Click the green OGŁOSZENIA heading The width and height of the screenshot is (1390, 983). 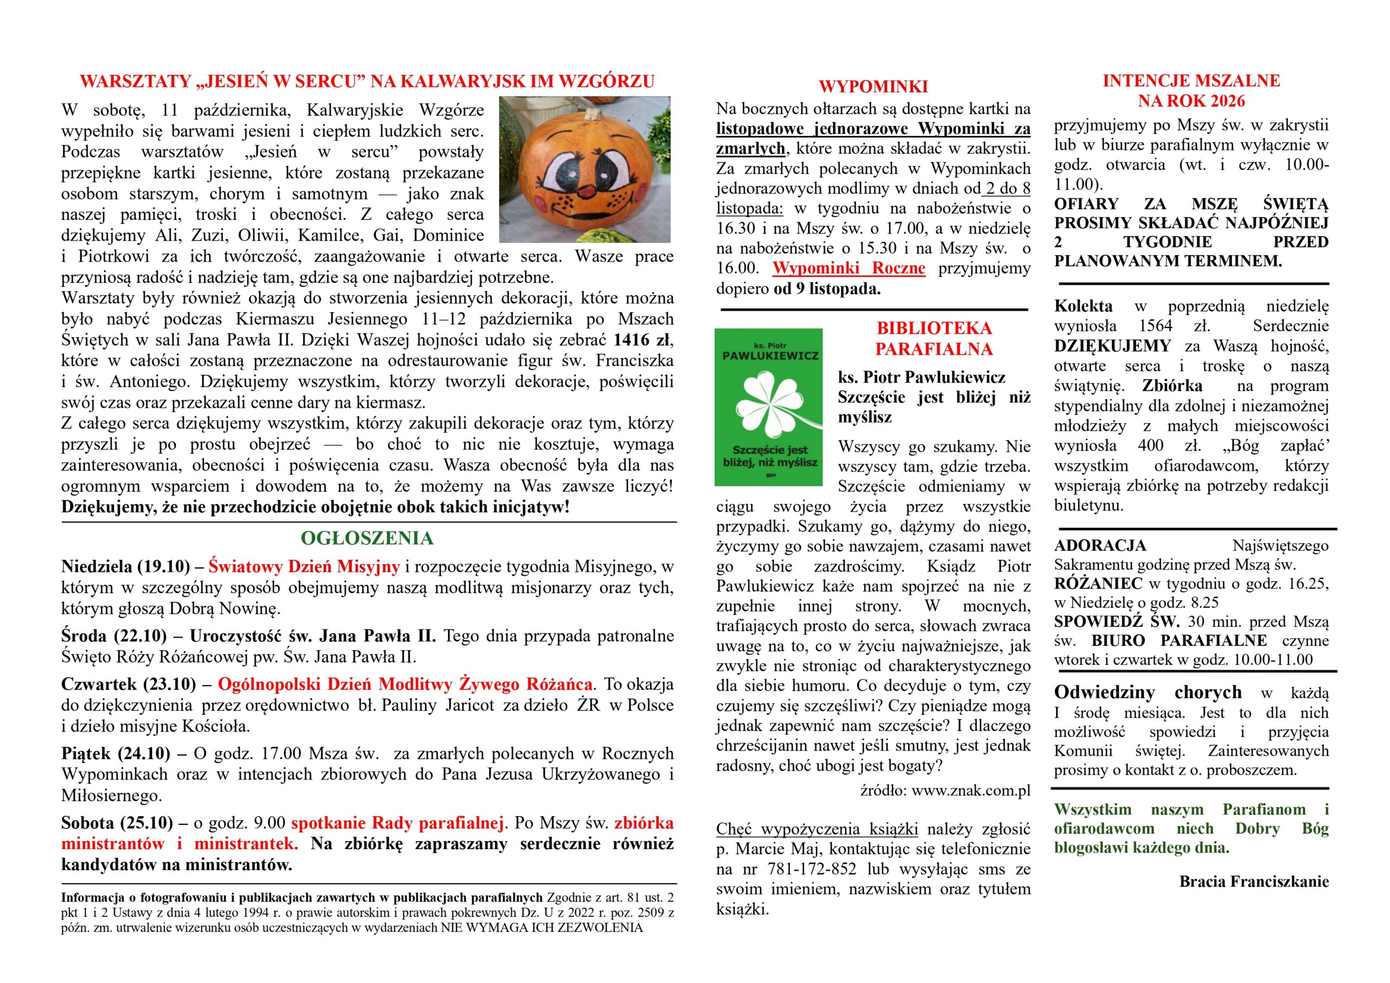(x=367, y=538)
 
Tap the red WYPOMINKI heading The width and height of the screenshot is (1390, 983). (x=873, y=86)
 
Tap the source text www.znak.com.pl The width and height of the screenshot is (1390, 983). (x=970, y=791)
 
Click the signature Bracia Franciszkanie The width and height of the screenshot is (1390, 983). (x=1254, y=881)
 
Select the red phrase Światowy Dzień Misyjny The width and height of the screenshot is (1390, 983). (x=304, y=567)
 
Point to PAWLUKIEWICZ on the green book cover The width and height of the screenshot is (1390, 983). (x=769, y=356)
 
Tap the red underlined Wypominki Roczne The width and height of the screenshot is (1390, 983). (x=849, y=268)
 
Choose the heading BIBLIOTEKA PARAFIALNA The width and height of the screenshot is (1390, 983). (x=933, y=338)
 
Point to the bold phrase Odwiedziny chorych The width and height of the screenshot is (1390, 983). (x=1148, y=692)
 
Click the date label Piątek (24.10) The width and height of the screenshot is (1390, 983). (x=116, y=753)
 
